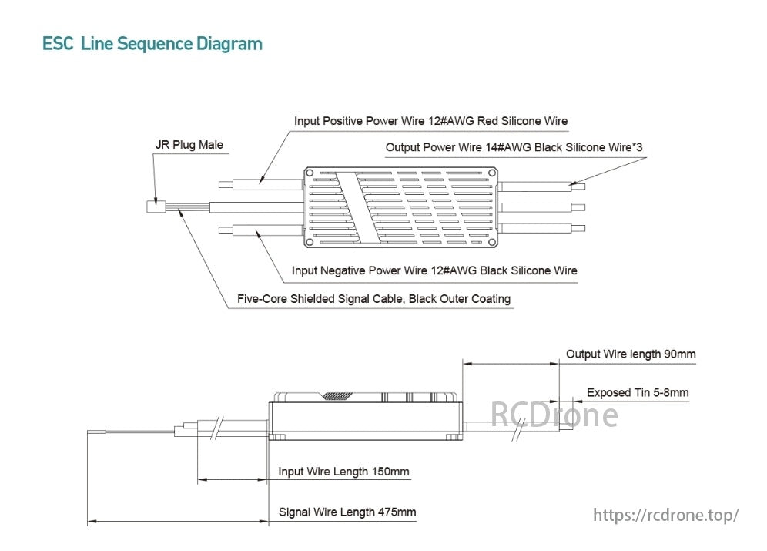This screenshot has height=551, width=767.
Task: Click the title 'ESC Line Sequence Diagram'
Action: tap(152, 44)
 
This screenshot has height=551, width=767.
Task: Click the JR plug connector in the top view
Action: tap(154, 207)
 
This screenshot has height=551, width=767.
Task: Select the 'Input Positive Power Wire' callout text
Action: tap(430, 121)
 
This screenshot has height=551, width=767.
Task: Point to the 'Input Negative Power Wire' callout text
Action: tap(434, 270)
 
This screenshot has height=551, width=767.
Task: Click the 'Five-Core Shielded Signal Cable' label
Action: tap(374, 298)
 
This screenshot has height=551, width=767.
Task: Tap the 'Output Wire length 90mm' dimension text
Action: tap(630, 354)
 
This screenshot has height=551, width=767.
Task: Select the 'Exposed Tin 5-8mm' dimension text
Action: tap(637, 392)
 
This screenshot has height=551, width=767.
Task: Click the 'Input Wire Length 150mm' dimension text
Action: tap(343, 472)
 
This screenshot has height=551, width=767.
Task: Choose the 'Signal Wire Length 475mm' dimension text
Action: tap(347, 512)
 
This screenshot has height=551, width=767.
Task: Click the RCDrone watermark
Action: tap(554, 415)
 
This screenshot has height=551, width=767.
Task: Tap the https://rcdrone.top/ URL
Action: tap(666, 515)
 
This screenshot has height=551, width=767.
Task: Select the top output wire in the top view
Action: tap(541, 186)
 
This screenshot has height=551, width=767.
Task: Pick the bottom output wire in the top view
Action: tap(541, 228)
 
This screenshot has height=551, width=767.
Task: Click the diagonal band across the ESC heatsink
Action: tap(360, 207)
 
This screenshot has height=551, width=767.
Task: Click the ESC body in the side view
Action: tap(366, 420)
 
